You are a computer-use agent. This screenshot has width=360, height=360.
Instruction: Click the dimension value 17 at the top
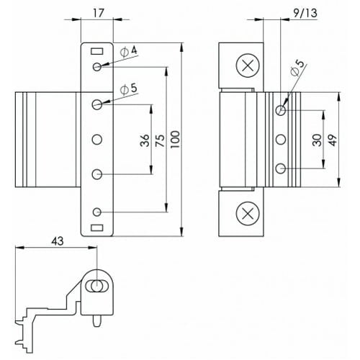97,12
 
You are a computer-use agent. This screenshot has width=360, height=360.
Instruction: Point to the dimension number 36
145,140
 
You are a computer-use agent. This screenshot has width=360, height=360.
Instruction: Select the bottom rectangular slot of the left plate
97,228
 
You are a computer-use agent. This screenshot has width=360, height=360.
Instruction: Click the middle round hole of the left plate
97,140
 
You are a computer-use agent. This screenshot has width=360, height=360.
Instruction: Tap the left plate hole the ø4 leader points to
97,67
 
